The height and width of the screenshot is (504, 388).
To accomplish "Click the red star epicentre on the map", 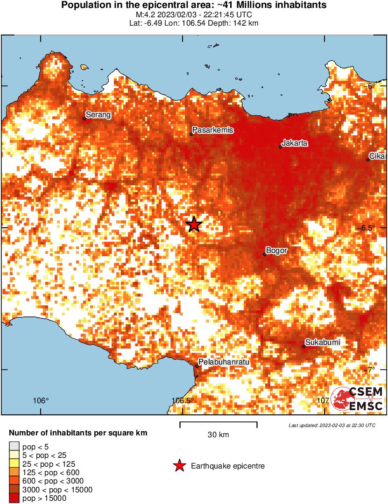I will (x=194, y=224).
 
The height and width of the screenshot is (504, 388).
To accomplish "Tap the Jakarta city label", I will (x=295, y=143).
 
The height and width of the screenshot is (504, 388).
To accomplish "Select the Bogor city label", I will (x=276, y=251).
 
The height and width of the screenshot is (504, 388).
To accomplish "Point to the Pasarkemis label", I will (x=213, y=130).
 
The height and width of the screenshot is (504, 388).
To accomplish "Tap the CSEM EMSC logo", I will (x=358, y=399).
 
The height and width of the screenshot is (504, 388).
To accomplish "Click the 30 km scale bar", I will (x=218, y=425).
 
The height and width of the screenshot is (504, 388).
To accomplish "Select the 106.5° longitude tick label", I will (x=183, y=401).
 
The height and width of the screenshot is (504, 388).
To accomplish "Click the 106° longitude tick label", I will (x=41, y=401).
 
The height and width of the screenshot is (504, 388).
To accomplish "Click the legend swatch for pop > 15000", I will (x=14, y=498).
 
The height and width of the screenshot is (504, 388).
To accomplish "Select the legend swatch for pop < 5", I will (x=14, y=447).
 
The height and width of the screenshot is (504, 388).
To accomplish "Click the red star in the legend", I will (x=179, y=466).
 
